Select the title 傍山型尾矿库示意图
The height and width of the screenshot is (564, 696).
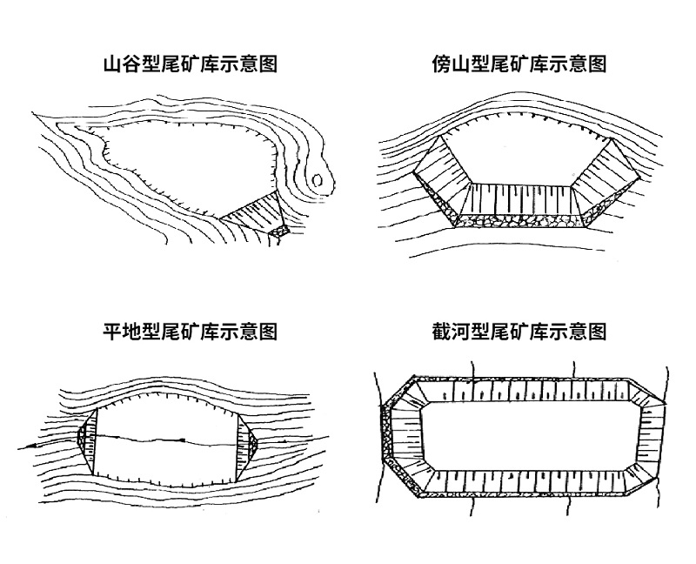[x=519, y=64]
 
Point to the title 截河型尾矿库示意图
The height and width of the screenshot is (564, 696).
[x=519, y=332]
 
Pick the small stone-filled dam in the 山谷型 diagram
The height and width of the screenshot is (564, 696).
[x=280, y=232]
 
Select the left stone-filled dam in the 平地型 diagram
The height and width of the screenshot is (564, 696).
[x=84, y=440]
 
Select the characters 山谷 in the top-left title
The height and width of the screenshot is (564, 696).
[x=119, y=64]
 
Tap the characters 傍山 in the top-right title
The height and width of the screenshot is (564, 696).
[x=449, y=64]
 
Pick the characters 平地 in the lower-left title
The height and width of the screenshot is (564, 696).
[x=119, y=332]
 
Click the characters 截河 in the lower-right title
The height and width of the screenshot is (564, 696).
[x=449, y=332]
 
